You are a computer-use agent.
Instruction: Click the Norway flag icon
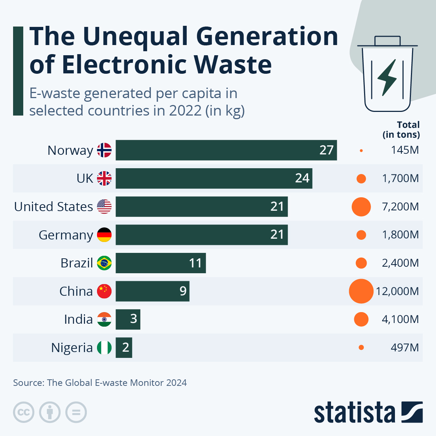point(104,150)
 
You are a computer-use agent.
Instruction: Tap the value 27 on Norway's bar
point(326,150)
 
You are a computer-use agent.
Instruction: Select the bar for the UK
point(214,178)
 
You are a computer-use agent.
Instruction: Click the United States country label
point(53,207)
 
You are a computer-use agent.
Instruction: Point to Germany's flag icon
point(104,235)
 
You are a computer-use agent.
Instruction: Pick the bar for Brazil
point(161,263)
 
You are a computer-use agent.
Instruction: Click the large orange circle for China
point(361,291)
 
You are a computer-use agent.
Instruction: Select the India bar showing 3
point(128,319)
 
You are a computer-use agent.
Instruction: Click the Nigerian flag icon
point(104,348)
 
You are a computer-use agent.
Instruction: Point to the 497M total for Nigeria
point(405,348)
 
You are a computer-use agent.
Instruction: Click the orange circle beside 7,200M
point(361,207)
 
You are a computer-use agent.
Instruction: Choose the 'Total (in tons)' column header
point(401,130)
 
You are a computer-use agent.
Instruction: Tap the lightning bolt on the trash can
point(387,77)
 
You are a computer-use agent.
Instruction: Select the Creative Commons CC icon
point(24,412)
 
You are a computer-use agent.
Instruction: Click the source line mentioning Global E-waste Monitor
point(100,383)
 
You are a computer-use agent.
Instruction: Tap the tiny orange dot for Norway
point(361,150)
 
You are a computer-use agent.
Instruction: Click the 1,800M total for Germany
point(400,235)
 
